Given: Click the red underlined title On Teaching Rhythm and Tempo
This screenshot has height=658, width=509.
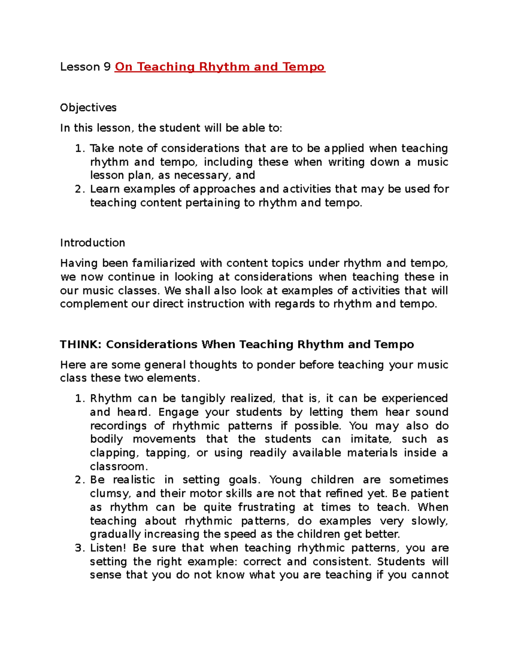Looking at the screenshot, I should click(220, 67).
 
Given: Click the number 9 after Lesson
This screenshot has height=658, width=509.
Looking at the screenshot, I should click(107, 67).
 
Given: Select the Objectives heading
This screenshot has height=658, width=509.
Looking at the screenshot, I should click(88, 108).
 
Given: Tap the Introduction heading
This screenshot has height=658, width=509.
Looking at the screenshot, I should click(92, 243).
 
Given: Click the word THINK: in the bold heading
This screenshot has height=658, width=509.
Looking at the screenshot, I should click(81, 344).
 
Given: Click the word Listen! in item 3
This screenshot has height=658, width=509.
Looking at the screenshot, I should click(108, 548).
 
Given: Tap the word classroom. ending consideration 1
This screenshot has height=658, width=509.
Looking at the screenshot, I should click(119, 466).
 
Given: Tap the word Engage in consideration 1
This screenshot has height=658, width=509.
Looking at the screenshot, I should click(178, 412).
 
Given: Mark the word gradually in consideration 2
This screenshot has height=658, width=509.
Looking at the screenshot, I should click(115, 534).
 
